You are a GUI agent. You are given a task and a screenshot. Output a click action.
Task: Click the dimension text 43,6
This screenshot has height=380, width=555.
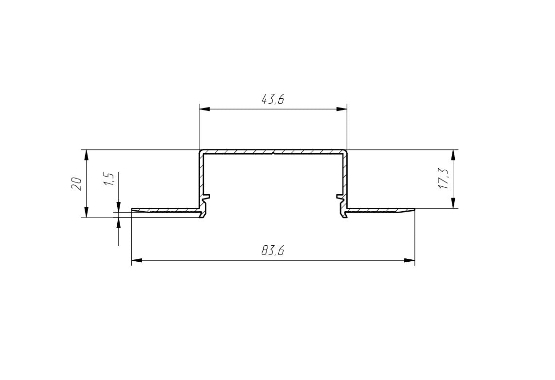click(272, 100)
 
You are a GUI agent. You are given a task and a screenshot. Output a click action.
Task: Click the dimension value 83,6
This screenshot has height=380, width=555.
click(272, 251)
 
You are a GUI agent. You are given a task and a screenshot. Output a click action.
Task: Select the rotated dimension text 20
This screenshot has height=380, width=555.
click(76, 183)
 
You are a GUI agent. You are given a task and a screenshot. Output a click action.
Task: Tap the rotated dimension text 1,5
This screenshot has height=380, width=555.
click(109, 180)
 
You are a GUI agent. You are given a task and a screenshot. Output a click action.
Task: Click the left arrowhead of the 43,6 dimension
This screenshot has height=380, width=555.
click(204, 109)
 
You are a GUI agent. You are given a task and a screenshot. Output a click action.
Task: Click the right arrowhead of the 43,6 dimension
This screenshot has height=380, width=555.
click(342, 109)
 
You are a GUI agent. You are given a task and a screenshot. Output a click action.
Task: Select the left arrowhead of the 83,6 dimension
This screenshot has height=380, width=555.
click(137, 261)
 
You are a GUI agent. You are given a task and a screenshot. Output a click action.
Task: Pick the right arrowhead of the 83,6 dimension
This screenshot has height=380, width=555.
click(410, 261)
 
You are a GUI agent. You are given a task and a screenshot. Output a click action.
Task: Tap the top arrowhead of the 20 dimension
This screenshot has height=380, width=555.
click(86, 155)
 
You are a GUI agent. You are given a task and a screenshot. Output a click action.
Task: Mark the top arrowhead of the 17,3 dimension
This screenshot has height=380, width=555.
click(453, 155)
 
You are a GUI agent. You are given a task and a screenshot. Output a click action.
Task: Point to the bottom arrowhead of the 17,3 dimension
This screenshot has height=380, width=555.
click(453, 203)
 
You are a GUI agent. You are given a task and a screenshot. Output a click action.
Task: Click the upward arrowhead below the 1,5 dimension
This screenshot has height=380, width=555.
click(119, 222)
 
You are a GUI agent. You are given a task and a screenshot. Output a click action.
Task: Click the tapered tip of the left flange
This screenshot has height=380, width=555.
click(133, 210)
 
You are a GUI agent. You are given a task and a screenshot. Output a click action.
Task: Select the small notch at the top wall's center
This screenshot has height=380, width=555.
click(273, 153)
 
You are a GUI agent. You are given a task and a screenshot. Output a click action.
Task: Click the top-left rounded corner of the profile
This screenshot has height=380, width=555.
click(201, 151)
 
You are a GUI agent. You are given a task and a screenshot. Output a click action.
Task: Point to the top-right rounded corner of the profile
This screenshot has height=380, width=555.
click(345, 151)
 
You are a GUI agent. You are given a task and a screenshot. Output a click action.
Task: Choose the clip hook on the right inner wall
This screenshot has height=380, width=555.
click(340, 198)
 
